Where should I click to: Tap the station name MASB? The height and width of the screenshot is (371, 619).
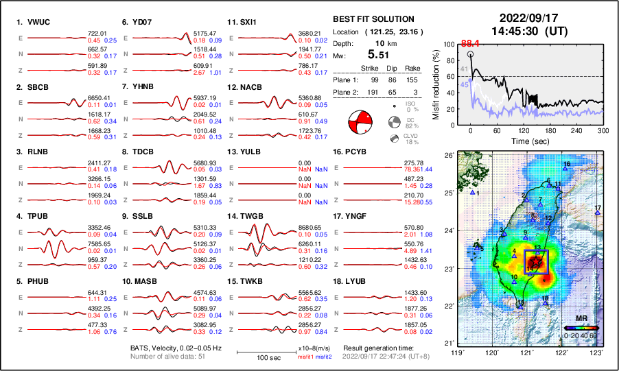point(145,280)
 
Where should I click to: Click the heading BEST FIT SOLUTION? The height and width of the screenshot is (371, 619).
point(373,19)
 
